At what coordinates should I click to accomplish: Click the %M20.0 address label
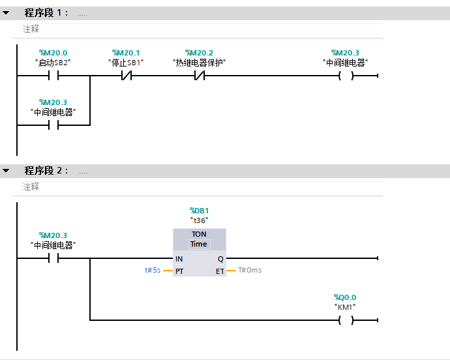(x=53, y=53)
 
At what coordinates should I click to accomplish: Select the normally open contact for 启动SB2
(x=53, y=76)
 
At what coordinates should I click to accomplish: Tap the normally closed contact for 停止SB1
(x=126, y=76)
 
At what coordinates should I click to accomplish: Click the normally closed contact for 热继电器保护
(x=199, y=76)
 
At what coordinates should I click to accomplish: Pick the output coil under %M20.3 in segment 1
(x=346, y=76)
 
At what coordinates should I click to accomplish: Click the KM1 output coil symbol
(x=346, y=320)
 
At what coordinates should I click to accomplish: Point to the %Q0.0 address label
(x=346, y=297)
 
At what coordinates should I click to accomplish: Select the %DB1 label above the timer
(x=199, y=211)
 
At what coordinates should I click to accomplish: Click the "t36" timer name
(x=199, y=220)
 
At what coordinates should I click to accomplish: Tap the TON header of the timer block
(x=199, y=234)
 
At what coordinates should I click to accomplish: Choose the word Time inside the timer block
(x=199, y=244)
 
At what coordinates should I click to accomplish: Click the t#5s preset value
(x=153, y=270)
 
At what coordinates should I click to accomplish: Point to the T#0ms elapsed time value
(x=250, y=270)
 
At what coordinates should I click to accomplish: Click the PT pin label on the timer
(x=179, y=270)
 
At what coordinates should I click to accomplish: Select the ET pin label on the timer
(x=220, y=270)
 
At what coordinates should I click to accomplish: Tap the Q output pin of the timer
(x=220, y=259)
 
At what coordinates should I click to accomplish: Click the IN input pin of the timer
(x=179, y=259)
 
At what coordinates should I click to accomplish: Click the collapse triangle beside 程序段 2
(x=6, y=171)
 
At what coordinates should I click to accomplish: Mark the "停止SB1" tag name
(x=126, y=63)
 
